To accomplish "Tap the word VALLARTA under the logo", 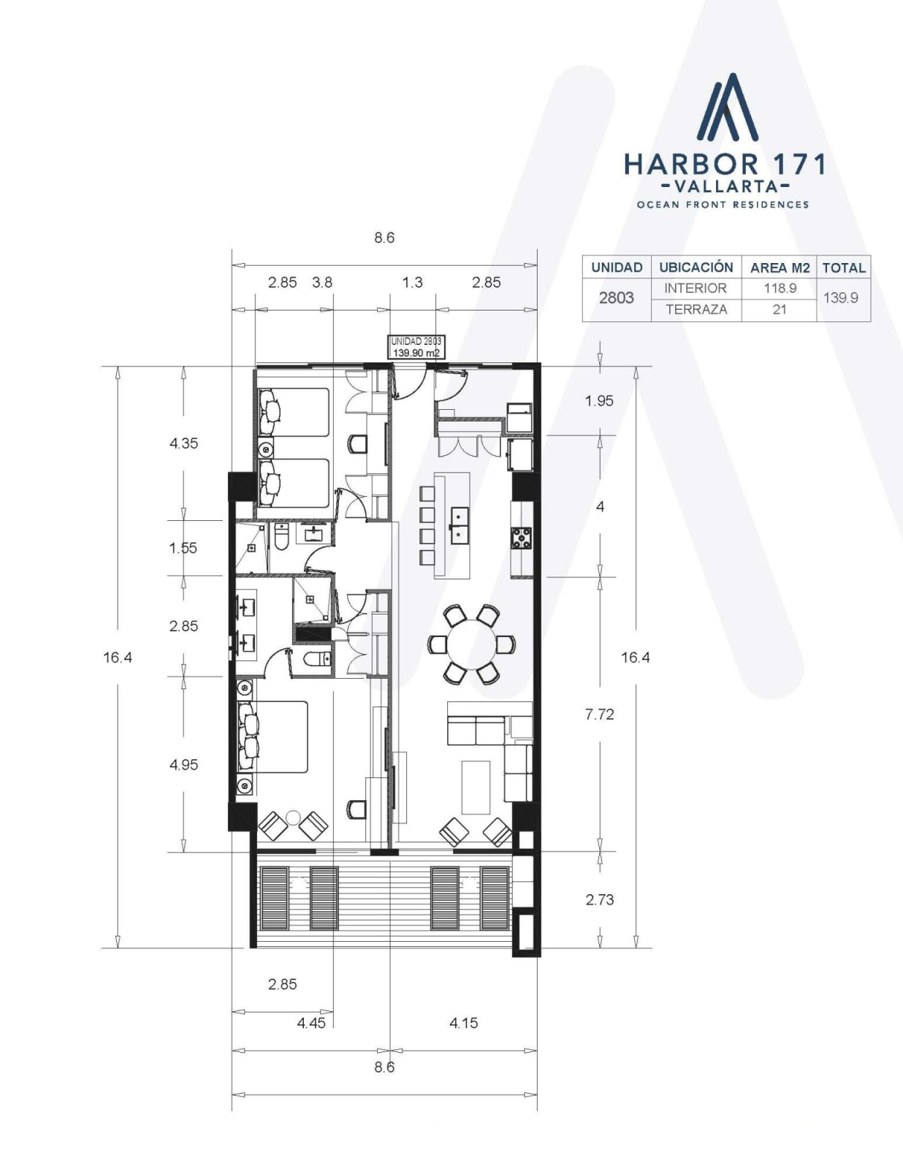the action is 725,186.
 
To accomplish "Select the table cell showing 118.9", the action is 780,289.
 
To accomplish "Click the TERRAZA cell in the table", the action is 696,310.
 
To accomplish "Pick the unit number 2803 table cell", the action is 617,299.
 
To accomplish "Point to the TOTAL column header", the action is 843,267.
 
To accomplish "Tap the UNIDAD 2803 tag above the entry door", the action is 416,347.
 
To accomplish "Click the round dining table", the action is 472,644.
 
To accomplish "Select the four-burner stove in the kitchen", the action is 521,538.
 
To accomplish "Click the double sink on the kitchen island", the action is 460,523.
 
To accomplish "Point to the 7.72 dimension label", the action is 600,714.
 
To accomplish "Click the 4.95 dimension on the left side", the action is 184,764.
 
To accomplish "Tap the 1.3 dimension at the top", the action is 413,283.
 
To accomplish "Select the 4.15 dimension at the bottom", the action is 464,1023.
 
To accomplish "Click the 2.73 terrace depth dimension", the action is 600,899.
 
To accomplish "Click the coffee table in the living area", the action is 476,788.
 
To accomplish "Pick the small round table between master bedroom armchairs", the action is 292,818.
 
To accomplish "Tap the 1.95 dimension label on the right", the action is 599,401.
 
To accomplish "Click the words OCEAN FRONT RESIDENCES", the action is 723,205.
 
